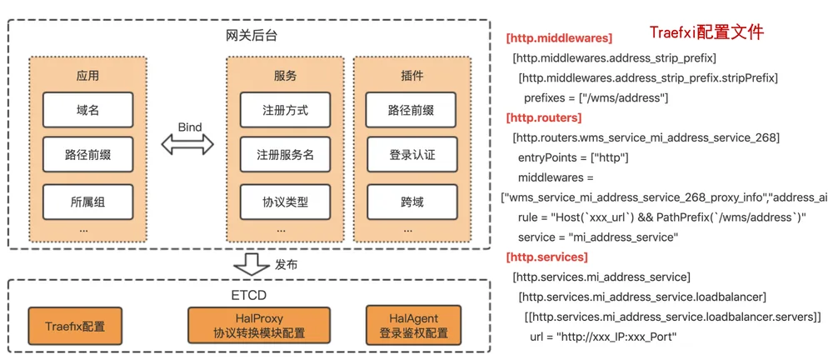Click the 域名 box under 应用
pyautogui.click(x=87, y=110)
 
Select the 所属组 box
pyautogui.click(x=87, y=202)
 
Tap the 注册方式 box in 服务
pyautogui.click(x=285, y=110)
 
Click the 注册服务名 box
pyautogui.click(x=285, y=155)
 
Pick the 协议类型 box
pyautogui.click(x=285, y=202)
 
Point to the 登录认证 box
pyautogui.click(x=412, y=155)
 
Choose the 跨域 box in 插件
pyautogui.click(x=412, y=202)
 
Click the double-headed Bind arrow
pyautogui.click(x=187, y=144)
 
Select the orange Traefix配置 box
pyautogui.click(x=75, y=326)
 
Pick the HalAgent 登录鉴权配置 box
pyautogui.click(x=413, y=326)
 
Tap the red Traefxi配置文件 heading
pyautogui.click(x=707, y=32)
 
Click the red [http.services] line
pyautogui.click(x=547, y=257)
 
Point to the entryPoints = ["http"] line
pyautogui.click(x=574, y=158)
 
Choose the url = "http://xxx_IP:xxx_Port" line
pyautogui.click(x=603, y=337)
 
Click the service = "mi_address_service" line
pyautogui.click(x=598, y=237)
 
